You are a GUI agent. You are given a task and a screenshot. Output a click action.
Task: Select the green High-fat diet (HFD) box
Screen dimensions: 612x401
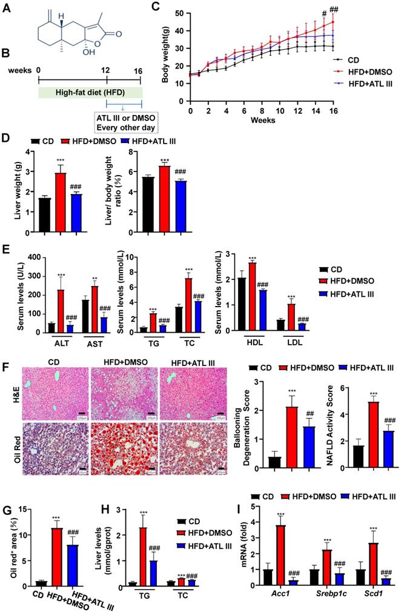click(90, 91)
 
